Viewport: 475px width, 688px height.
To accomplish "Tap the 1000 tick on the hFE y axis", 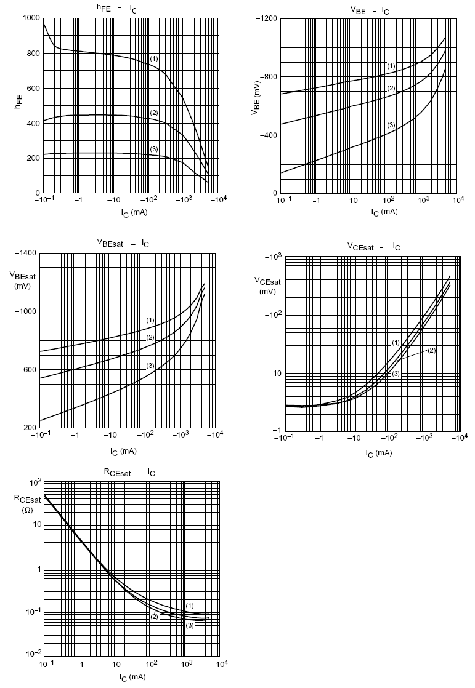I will [31, 18].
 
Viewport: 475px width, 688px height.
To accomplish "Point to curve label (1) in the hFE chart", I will [154, 58].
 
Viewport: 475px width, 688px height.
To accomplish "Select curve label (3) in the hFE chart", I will [154, 150].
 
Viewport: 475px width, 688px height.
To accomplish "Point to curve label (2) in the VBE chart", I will [391, 89].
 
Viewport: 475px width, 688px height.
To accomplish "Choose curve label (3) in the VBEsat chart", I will [150, 366].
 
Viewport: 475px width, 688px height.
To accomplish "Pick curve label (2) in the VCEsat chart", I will [431, 350].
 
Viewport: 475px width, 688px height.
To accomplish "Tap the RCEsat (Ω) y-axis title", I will [27, 504].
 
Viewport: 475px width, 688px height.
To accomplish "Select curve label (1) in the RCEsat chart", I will [190, 606].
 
